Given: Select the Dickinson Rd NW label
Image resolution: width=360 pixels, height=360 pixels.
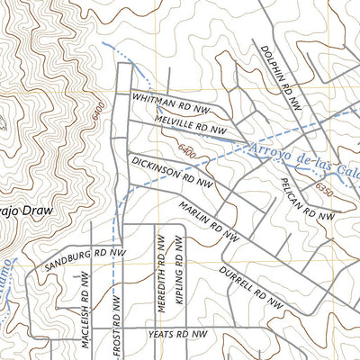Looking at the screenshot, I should point(172,171).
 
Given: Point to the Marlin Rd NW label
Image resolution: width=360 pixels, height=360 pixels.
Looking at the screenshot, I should point(208,221).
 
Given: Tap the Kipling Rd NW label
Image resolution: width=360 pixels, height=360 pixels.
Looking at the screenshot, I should point(179,274).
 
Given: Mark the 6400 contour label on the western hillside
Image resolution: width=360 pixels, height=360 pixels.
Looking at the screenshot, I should point(96,114).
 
